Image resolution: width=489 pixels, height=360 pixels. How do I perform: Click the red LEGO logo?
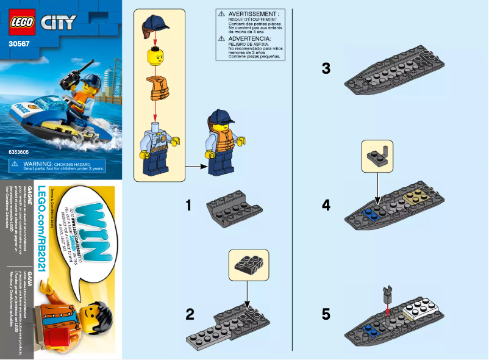(x=21, y=23)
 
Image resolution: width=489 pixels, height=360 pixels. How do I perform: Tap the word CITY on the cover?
(x=59, y=24)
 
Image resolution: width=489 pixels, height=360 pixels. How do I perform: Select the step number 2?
(x=190, y=315)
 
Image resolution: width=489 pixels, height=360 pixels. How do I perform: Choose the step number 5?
(x=326, y=315)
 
